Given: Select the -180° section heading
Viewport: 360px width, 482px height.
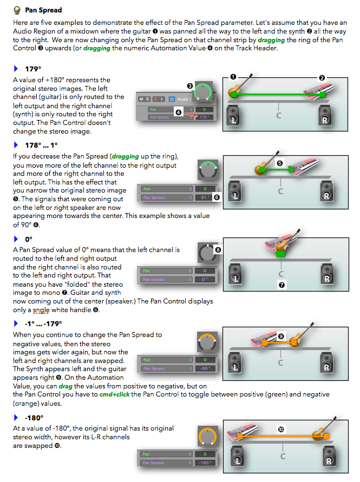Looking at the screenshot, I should [x=34, y=418].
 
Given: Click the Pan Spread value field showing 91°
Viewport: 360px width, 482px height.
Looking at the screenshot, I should [x=205, y=198].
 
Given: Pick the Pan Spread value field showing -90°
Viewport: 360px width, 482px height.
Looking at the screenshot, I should [x=205, y=368].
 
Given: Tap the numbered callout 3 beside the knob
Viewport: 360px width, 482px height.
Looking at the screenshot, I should [x=190, y=85].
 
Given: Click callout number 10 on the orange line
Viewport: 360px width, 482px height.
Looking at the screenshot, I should [x=280, y=430].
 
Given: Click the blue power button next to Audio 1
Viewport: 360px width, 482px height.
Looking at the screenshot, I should [x=172, y=99].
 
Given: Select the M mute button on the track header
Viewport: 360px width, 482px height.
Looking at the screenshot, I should [x=142, y=99].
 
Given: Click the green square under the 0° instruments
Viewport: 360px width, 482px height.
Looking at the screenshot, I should [x=280, y=253].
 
